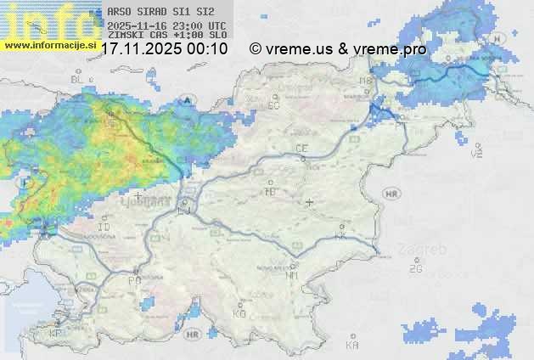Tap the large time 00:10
[x=208, y=49]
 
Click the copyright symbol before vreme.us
[x=255, y=49]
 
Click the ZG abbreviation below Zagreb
[x=415, y=269]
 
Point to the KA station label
[x=352, y=345]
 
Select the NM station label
[x=292, y=275]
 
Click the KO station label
[x=239, y=313]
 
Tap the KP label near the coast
[x=56, y=334]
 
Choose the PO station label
[x=134, y=280]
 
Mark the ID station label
[x=104, y=228]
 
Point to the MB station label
[x=367, y=80]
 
